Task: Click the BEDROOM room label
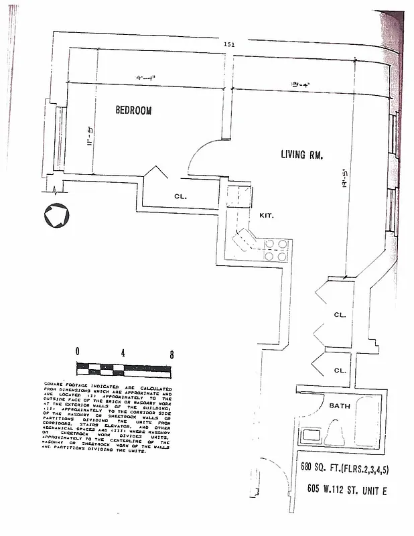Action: [x=133, y=111]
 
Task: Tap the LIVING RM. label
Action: [x=301, y=155]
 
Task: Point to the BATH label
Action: [x=340, y=406]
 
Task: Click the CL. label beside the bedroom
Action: [x=180, y=197]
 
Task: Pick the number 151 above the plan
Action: [x=229, y=45]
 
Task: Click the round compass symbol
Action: [x=55, y=216]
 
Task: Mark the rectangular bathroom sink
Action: [x=312, y=435]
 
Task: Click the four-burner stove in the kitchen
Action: [x=276, y=250]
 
